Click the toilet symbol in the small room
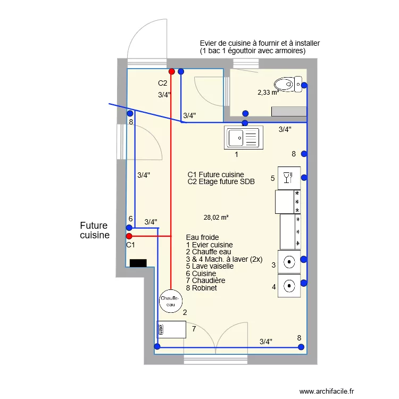coord(288,84)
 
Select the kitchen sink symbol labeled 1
coord(244,138)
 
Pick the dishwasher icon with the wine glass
coord(289,178)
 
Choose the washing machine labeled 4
coord(289,286)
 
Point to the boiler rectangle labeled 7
coord(172,329)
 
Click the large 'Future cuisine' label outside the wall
coord(94,230)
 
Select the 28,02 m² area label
coord(216,217)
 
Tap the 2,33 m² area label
coord(269,92)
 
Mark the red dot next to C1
coord(129,236)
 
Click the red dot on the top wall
coord(171,71)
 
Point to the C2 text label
coord(163,83)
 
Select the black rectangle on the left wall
coord(138,263)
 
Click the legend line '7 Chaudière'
coord(206,280)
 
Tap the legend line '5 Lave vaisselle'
coord(210,266)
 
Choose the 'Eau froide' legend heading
coord(202,237)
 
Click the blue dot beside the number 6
coord(129,227)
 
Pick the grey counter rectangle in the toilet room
coord(289,111)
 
